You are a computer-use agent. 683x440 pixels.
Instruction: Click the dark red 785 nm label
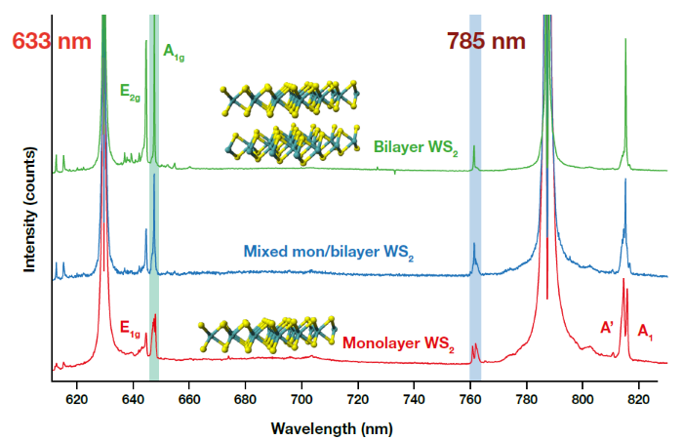click(486, 42)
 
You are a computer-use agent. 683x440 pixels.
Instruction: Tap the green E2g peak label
click(131, 92)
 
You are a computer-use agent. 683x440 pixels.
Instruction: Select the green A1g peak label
click(174, 52)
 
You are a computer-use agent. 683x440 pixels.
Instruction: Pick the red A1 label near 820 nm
click(645, 334)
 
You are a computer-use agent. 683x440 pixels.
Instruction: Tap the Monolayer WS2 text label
click(399, 344)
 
